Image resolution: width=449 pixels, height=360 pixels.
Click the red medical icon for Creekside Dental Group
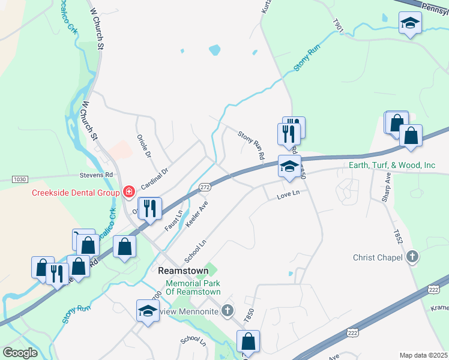(x=128, y=192)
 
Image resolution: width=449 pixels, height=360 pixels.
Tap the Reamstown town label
(x=182, y=271)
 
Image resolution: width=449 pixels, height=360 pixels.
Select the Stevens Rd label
(x=97, y=175)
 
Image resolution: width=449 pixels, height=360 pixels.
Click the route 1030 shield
(x=20, y=179)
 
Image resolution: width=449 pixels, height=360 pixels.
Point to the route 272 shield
(x=205, y=188)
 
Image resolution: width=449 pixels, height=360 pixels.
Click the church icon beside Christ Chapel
(x=412, y=257)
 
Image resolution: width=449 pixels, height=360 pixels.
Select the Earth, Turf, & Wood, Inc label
(x=392, y=165)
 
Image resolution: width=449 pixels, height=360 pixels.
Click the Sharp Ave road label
(x=388, y=187)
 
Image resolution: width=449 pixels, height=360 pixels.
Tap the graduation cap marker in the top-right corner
(x=410, y=23)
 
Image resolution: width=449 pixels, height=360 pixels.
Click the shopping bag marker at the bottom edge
(x=248, y=342)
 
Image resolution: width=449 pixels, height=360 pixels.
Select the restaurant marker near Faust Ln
(x=149, y=209)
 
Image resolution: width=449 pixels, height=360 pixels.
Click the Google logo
(x=20, y=353)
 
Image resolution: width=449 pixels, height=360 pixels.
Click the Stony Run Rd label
(x=252, y=145)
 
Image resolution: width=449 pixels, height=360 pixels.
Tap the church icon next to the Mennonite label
(x=227, y=310)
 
